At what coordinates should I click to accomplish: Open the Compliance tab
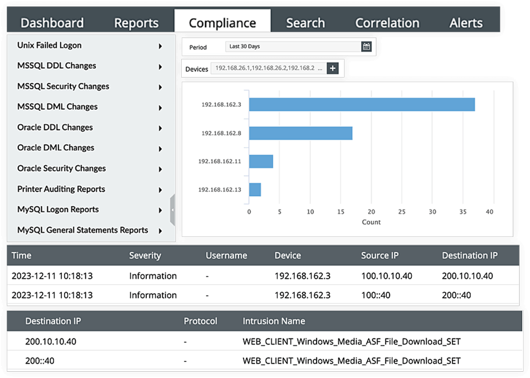(x=222, y=23)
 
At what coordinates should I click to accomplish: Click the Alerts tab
(x=466, y=23)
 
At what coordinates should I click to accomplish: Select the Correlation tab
(x=387, y=23)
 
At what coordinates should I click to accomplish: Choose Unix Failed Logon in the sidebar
(x=49, y=45)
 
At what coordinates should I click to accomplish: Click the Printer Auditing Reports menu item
(x=61, y=189)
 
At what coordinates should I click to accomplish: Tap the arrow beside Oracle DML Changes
(x=160, y=148)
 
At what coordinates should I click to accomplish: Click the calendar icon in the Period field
(x=366, y=46)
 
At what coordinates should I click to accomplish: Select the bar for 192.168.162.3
(x=362, y=105)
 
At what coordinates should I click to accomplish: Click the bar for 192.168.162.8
(x=300, y=133)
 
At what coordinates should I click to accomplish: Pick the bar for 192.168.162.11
(x=261, y=161)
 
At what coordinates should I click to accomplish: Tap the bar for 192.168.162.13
(x=255, y=190)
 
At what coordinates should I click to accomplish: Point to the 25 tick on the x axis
(x=402, y=212)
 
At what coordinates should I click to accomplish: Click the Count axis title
(x=371, y=222)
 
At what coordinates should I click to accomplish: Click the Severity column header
(x=145, y=256)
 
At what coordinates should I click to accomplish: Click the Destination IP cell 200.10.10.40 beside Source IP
(x=467, y=276)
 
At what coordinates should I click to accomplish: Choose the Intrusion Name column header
(x=274, y=321)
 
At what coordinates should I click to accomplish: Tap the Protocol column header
(x=200, y=321)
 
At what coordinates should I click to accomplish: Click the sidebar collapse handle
(x=172, y=210)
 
